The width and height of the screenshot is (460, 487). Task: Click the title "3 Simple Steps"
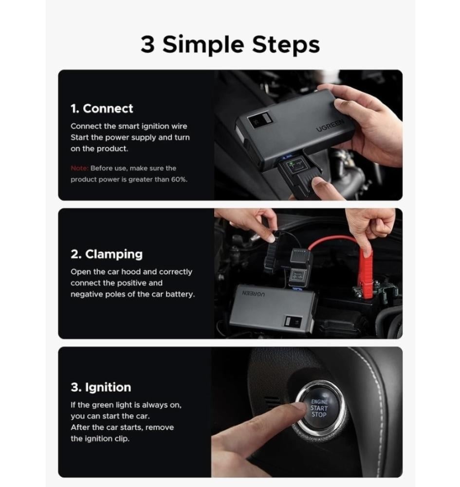click(230, 44)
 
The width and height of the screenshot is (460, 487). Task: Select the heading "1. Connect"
click(102, 109)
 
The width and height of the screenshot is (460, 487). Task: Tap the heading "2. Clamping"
click(107, 254)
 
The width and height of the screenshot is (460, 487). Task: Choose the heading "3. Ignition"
click(101, 387)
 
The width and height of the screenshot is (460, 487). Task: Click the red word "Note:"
click(79, 168)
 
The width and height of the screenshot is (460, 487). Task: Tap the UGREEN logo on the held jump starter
click(330, 125)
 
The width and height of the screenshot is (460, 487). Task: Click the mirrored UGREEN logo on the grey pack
click(253, 294)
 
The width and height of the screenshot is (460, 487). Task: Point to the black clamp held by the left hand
click(271, 257)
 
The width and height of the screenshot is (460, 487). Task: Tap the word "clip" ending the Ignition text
click(122, 439)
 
